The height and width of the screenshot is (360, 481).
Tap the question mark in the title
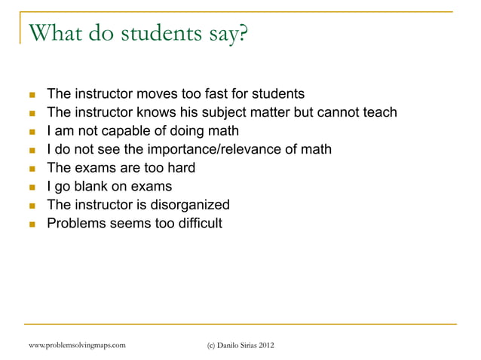click(242, 34)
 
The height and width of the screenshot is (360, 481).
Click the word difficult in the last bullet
click(198, 223)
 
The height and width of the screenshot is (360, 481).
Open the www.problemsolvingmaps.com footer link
click(75, 345)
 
